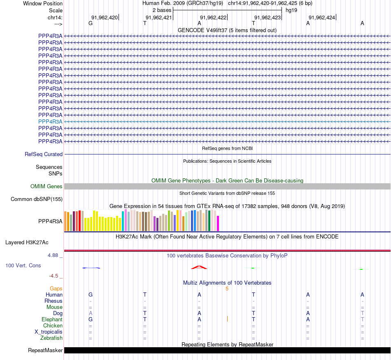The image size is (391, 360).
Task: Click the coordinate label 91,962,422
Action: pyautogui.click(x=213, y=17)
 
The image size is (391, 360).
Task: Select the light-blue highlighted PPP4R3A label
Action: pyautogui.click(x=50, y=122)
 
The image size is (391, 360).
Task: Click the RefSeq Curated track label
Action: pyautogui.click(x=44, y=154)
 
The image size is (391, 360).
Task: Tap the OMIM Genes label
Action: pyautogui.click(x=47, y=186)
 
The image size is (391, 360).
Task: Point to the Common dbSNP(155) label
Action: pyautogui.click(x=37, y=199)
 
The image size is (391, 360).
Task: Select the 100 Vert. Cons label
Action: pyautogui.click(x=23, y=265)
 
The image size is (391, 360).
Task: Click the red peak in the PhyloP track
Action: pyautogui.click(x=199, y=267)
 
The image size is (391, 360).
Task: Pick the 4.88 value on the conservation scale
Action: pyautogui.click(x=53, y=255)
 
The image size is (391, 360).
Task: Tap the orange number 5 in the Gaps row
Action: pyautogui.click(x=227, y=289)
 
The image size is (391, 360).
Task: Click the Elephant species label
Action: pyautogui.click(x=52, y=320)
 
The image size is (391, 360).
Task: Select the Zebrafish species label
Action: pyautogui.click(x=51, y=338)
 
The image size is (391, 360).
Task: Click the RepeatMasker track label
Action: pyautogui.click(x=45, y=351)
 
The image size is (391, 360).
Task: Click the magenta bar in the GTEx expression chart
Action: pyautogui.click(x=218, y=223)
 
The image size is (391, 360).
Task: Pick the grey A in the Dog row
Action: pyautogui.click(x=91, y=313)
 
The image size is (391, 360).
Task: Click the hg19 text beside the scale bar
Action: pyautogui.click(x=291, y=10)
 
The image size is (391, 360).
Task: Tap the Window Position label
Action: pyautogui.click(x=43, y=3)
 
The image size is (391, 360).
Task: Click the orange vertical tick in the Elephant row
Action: pyautogui.click(x=227, y=318)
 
